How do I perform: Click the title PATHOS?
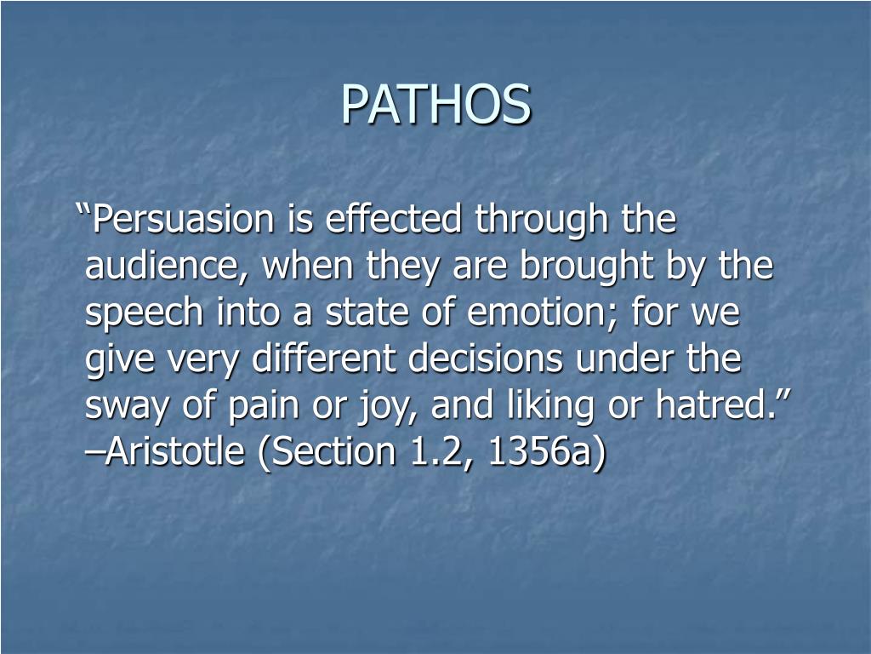pos(435,104)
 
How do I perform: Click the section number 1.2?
pos(433,453)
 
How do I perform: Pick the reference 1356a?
pos(545,453)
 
